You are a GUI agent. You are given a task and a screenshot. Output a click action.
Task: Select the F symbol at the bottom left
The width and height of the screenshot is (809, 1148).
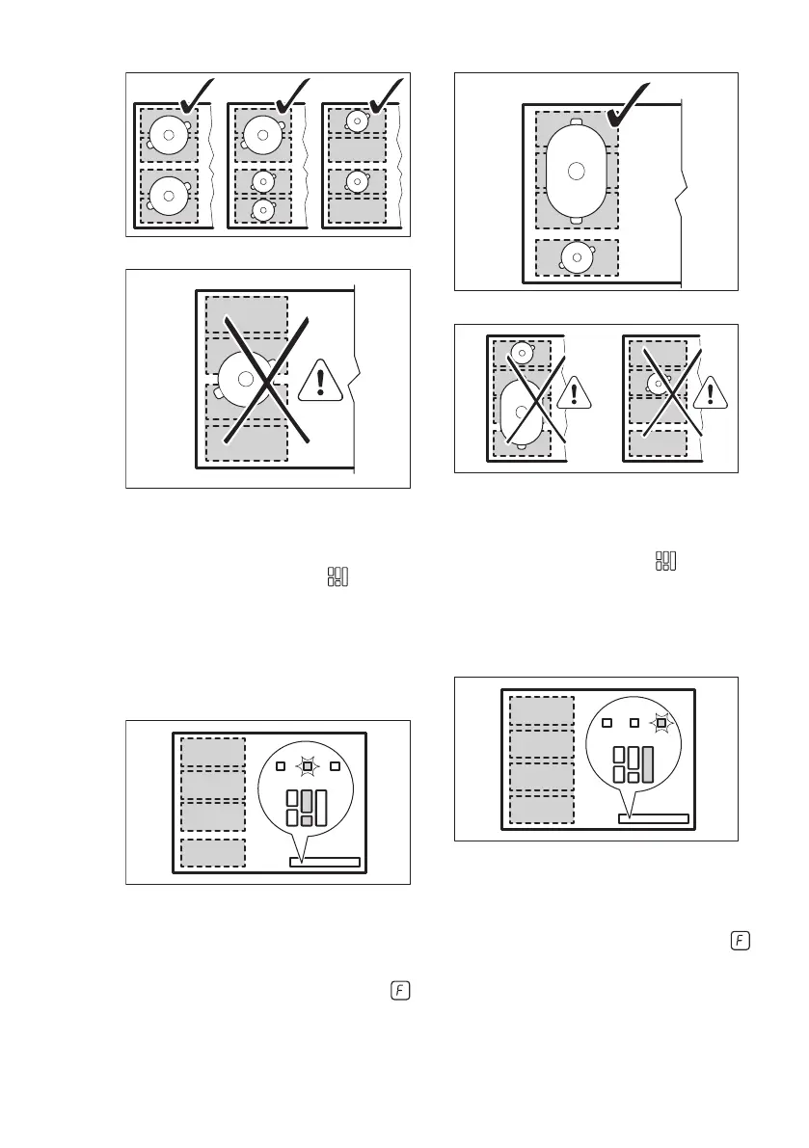(x=399, y=990)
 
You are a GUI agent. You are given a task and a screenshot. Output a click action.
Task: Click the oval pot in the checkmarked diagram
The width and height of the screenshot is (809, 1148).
(x=576, y=172)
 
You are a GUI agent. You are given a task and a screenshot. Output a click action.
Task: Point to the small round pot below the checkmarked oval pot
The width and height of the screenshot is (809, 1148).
(x=577, y=256)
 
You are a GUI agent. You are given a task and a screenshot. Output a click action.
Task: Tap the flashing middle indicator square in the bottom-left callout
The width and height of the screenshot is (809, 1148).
(x=307, y=766)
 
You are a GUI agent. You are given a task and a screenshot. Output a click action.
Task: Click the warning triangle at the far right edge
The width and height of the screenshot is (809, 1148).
(x=711, y=392)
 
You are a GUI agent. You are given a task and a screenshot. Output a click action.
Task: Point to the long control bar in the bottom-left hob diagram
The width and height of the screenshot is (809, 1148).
(x=325, y=863)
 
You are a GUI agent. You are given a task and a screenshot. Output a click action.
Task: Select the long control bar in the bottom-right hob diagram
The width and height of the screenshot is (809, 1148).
(x=653, y=818)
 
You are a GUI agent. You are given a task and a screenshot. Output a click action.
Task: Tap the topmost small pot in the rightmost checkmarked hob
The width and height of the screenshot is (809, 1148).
(x=357, y=121)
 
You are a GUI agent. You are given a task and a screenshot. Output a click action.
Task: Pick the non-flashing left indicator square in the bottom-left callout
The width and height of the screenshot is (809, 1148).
(x=280, y=766)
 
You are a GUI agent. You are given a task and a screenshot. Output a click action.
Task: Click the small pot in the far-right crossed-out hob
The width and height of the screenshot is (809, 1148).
(x=659, y=385)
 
